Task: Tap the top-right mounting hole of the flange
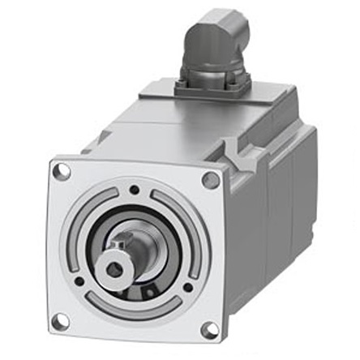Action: coord(209,180)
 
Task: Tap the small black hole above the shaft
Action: coord(134,191)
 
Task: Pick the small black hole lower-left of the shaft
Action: coord(79,281)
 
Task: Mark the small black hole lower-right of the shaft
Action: coord(188,287)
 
